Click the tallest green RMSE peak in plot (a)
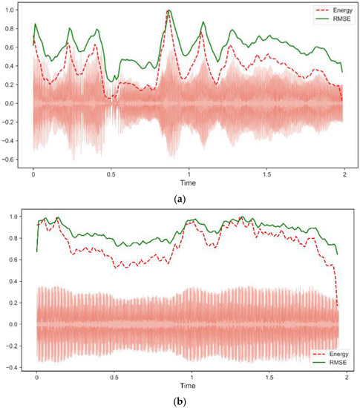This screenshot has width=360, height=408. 169,10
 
